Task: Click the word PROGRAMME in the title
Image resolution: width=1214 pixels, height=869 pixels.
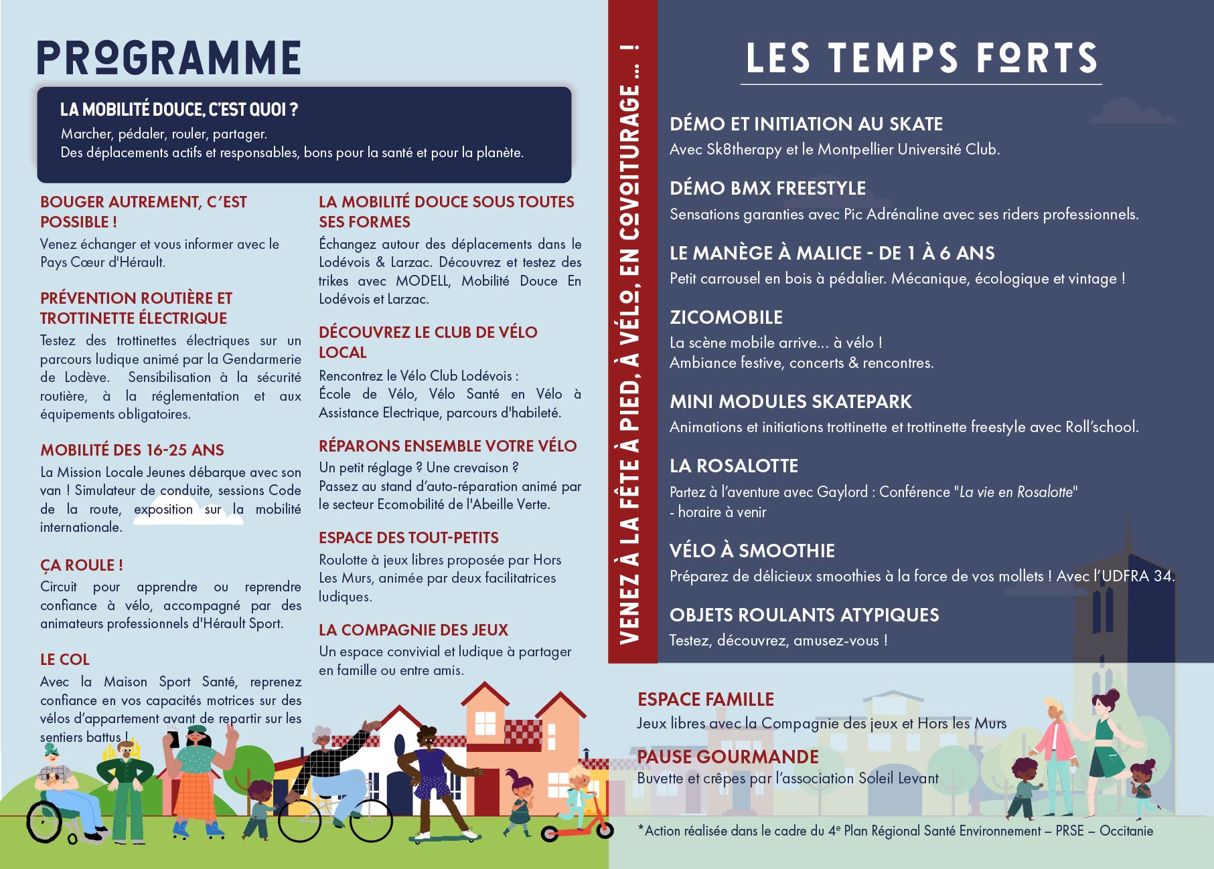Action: point(169,58)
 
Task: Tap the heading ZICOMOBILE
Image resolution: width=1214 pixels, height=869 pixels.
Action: point(726,317)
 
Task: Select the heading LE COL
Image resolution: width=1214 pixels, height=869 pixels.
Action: point(64,660)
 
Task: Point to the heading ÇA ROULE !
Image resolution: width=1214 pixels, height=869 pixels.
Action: point(81,565)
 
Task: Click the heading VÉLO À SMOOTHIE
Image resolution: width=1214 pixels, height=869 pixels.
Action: point(752,551)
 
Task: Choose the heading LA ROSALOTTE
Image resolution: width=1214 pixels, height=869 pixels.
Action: point(734,466)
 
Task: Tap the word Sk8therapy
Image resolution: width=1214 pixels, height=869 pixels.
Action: point(744,149)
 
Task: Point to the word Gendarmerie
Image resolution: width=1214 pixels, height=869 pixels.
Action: point(262,359)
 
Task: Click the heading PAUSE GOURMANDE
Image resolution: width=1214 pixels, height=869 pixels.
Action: point(728,757)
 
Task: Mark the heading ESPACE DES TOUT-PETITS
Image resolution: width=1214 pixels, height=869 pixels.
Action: point(408,538)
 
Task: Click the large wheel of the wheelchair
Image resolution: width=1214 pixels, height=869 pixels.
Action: point(44,821)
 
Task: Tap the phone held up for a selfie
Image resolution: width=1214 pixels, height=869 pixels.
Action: point(172,739)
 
